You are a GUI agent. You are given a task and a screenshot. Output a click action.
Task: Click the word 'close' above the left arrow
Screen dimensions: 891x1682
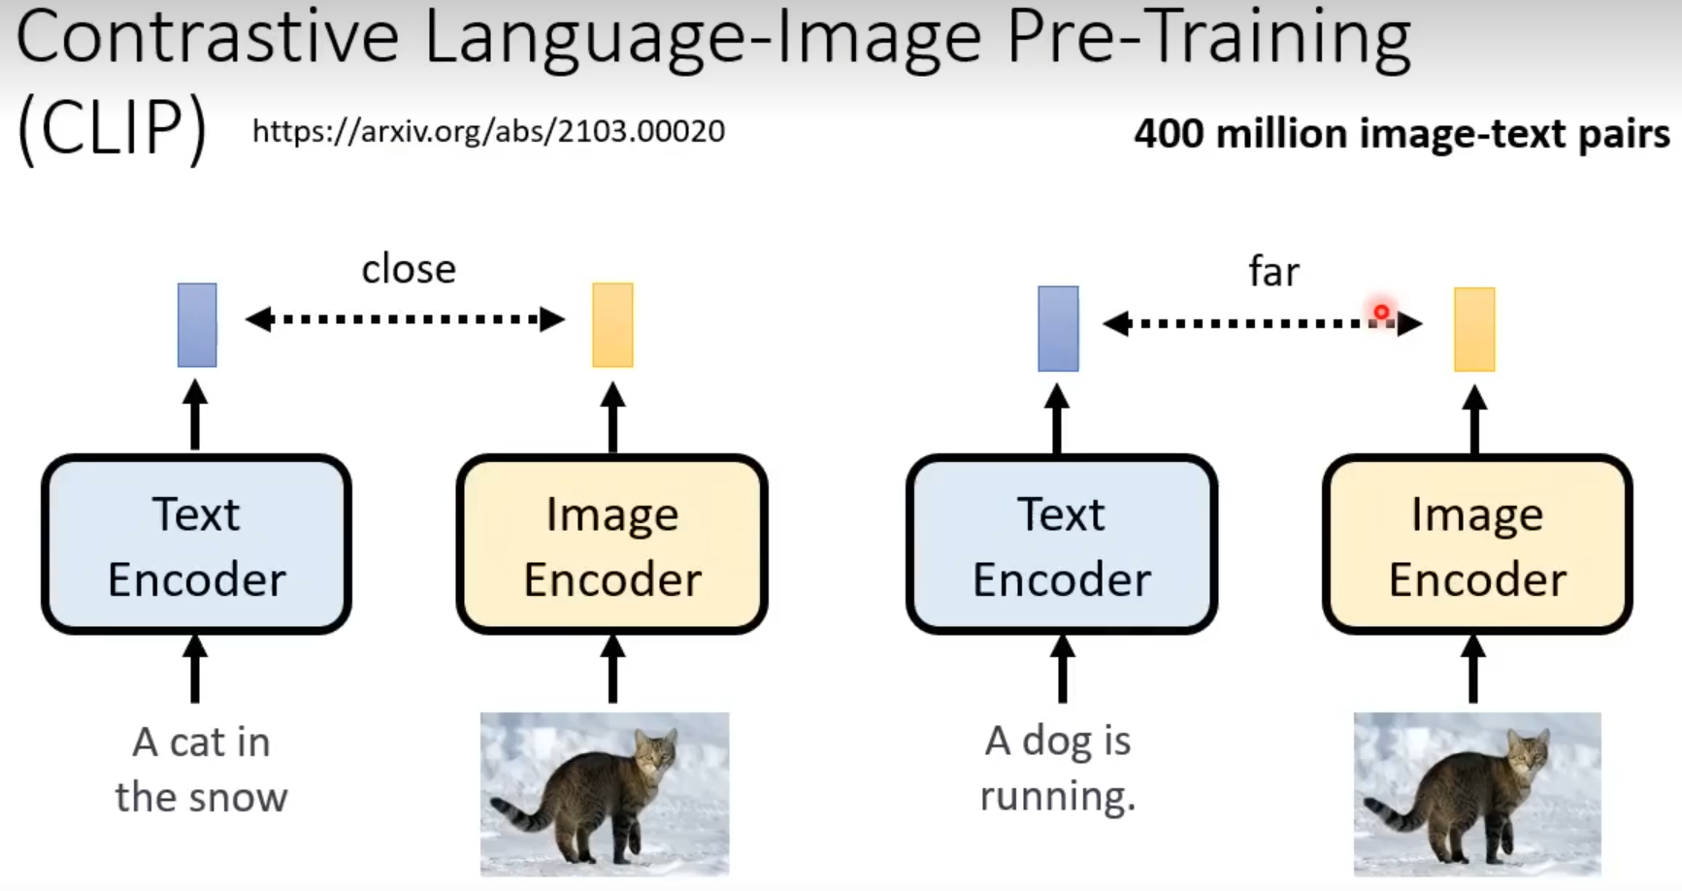pos(409,270)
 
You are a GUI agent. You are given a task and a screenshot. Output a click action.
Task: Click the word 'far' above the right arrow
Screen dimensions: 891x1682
pos(1272,272)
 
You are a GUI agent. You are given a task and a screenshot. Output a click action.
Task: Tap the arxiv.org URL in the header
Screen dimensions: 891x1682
pos(488,131)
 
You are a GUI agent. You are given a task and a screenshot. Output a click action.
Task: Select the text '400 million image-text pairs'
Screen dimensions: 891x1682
pos(1402,134)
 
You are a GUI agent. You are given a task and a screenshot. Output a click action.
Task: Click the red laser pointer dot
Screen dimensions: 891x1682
pos(1381,313)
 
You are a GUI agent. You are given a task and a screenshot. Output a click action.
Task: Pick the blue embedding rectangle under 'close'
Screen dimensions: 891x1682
pos(197,325)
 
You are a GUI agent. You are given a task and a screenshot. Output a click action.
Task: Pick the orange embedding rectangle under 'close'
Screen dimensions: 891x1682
pos(612,325)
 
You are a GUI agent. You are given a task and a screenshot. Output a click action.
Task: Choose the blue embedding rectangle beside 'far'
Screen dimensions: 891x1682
pos(1058,328)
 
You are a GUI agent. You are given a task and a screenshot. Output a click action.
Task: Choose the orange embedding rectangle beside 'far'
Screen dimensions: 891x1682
pos(1473,329)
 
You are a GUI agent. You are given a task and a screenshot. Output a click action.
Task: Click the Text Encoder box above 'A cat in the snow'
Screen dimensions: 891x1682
pos(196,544)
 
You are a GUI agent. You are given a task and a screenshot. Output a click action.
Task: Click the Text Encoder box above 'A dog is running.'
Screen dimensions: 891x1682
pos(1061,544)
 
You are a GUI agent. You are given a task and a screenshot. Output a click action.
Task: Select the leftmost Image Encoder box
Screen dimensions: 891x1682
pos(611,544)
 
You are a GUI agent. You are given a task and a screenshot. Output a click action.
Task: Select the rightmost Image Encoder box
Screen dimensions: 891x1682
pos(1476,544)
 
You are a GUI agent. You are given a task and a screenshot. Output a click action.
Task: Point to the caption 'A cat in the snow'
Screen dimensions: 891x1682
pos(201,770)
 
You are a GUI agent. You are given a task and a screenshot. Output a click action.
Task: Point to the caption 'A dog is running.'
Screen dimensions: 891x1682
pos(1058,768)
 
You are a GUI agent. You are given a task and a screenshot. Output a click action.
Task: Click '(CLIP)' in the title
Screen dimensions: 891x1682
pos(112,129)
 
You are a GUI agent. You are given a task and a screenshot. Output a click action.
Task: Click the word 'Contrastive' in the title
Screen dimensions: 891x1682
pos(207,37)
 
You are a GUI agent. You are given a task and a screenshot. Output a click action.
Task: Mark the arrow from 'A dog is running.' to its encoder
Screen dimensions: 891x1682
pos(1062,669)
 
